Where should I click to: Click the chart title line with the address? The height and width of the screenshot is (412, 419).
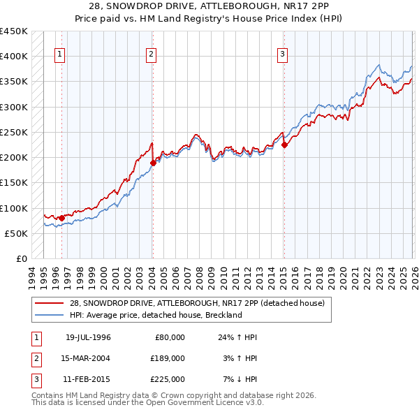209,6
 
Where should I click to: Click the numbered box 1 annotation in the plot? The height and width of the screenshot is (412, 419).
61,55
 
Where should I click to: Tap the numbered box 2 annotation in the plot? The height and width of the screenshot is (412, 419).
152,55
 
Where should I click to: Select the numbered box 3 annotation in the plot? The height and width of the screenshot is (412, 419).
283,55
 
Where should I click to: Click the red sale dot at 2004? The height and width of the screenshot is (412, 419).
153,163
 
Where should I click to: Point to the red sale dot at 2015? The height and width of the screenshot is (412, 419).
284,145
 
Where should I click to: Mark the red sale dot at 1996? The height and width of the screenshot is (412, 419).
61,218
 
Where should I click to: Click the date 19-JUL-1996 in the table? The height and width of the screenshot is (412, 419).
88,337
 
